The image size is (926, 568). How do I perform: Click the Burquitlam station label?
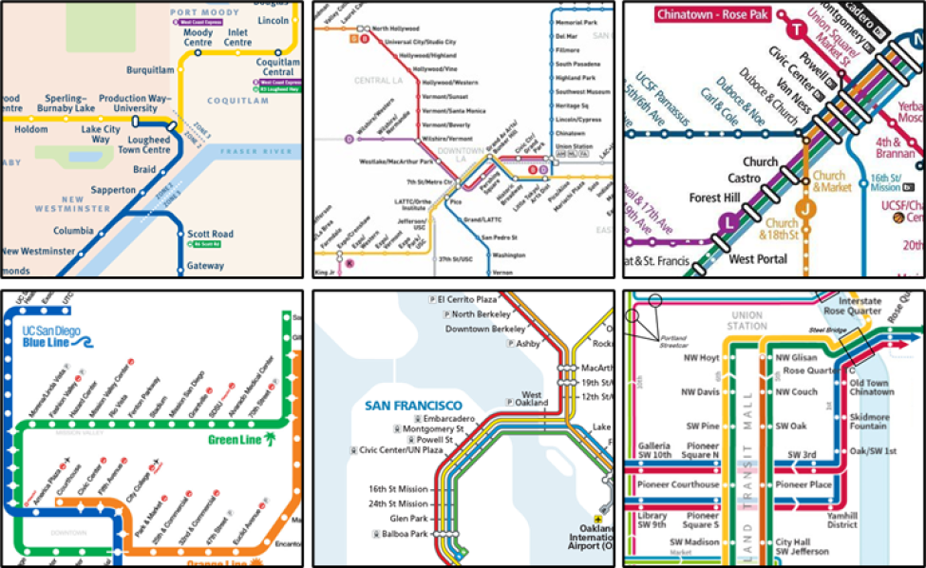[x=151, y=69]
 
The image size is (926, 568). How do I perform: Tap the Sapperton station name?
[x=113, y=190]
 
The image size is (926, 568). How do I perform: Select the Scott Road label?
[x=210, y=234]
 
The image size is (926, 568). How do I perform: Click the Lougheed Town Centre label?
[x=143, y=144]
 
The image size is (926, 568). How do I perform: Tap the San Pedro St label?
[x=499, y=237]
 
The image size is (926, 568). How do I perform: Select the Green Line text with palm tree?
[x=242, y=440]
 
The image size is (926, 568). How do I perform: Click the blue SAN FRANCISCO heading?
[x=413, y=406]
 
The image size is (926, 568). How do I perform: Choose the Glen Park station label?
[x=408, y=519]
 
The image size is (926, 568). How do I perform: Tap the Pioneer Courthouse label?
[x=679, y=484]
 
